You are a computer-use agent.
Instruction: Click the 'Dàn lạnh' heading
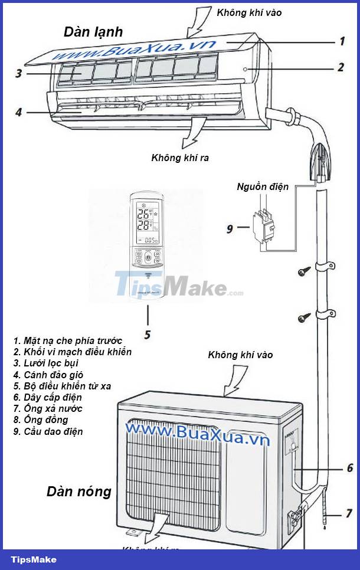coord(93,32)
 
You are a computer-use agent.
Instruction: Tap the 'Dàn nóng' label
coord(79,491)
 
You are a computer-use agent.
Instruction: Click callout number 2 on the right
coord(340,67)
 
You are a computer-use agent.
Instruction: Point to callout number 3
coord(19,74)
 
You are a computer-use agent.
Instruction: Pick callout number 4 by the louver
coord(19,112)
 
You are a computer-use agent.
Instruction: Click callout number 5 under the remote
coord(147,335)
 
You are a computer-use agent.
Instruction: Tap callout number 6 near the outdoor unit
coord(349,468)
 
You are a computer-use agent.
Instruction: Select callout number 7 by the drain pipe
coord(349,513)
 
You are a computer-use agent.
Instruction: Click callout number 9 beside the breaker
coord(230,228)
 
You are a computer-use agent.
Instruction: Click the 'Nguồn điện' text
coord(263,187)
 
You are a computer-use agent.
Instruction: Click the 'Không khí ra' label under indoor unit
coord(180,158)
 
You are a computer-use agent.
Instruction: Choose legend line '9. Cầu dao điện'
coord(48,431)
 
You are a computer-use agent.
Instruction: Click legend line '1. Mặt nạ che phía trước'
coord(67,340)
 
